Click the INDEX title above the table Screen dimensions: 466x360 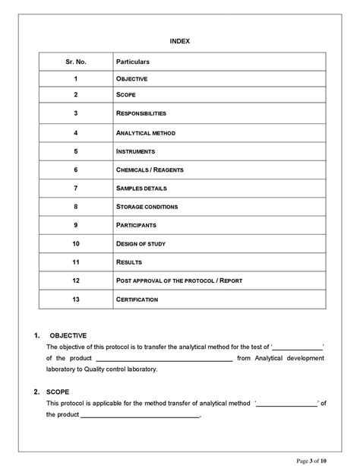[180, 40]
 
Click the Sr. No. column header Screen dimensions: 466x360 [76, 60]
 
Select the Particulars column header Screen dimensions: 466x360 [133, 60]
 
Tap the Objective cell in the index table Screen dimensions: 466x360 [131, 79]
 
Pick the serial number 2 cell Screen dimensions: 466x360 [76, 96]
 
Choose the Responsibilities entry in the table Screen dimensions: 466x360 [141, 114]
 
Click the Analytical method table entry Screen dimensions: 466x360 [145, 133]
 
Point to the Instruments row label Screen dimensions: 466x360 [135, 151]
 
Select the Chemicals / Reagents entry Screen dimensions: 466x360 [149, 170]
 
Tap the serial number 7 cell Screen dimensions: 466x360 [76, 188]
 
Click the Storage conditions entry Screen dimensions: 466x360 [147, 206]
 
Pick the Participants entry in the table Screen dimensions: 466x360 [136, 225]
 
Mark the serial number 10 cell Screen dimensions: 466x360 [76, 243]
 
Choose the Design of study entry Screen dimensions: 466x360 [141, 243]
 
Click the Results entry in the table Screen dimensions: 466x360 [129, 262]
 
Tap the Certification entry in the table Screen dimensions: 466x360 [137, 300]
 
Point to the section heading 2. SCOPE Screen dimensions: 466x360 [55, 392]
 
